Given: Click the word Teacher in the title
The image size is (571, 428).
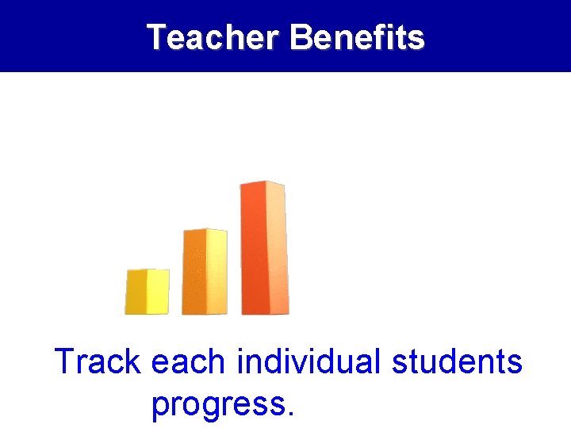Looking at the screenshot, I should tap(214, 37).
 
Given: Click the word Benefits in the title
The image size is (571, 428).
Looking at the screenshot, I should tap(357, 37).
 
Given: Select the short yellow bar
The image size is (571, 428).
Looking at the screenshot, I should tap(147, 292).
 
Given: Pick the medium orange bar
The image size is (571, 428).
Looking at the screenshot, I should tap(205, 272).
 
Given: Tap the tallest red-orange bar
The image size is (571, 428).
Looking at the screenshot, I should tap(264, 248).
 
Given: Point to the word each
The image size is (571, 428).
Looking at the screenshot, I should tap(189, 362).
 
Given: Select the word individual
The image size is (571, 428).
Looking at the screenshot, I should tap(308, 362).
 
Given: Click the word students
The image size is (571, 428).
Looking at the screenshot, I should tap(457, 362).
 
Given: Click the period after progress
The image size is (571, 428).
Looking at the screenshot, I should tap(289, 413).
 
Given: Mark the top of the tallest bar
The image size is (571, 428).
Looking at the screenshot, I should tap(263, 185).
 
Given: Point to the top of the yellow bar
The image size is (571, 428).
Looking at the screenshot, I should tap(148, 271).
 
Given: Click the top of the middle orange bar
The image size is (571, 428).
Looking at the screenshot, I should tap(205, 231).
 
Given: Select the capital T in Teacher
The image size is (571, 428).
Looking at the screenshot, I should tap(156, 37).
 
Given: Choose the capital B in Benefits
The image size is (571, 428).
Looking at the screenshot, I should tap(300, 37).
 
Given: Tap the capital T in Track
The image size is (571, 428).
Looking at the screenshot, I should tap(65, 362).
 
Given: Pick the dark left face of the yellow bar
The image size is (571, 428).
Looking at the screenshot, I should tap(136, 292).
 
